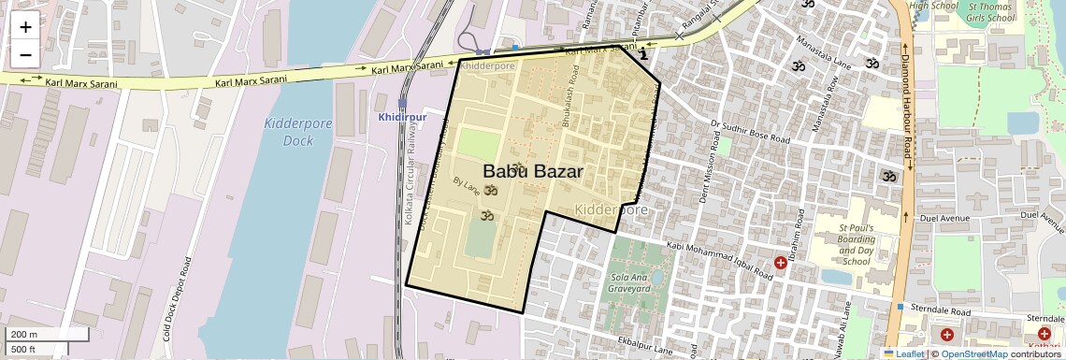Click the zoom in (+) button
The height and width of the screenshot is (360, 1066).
[25, 26]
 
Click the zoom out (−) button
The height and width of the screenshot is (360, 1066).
[25, 54]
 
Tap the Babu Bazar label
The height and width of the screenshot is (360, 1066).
[533, 171]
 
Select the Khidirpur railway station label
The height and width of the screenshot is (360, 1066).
[402, 117]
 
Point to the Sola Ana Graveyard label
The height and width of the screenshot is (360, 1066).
[630, 283]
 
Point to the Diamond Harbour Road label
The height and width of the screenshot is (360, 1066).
[906, 103]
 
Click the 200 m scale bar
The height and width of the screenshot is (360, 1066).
[48, 334]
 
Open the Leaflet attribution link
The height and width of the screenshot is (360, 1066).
[903, 353]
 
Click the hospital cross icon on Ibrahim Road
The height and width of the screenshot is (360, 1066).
[780, 264]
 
